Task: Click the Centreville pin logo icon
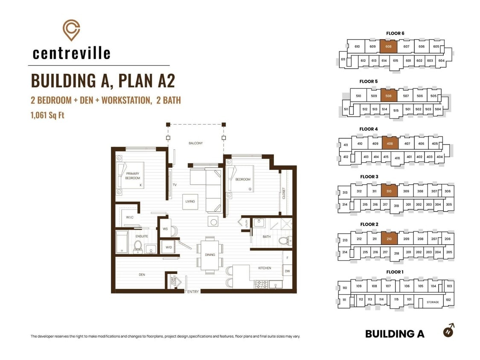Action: (x=71, y=30)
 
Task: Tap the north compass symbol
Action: (x=449, y=331)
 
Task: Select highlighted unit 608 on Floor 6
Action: (x=388, y=46)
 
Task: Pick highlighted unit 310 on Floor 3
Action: (x=389, y=192)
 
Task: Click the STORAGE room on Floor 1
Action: (x=433, y=302)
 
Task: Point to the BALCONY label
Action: (x=195, y=143)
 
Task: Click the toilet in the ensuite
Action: (x=138, y=247)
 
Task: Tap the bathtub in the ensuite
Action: (x=122, y=242)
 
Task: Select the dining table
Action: (x=210, y=255)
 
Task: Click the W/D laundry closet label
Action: (x=169, y=247)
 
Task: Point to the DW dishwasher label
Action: (x=288, y=271)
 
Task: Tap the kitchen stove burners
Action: (x=261, y=285)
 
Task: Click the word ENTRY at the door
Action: (x=193, y=292)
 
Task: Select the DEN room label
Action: (x=142, y=275)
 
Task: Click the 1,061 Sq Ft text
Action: (x=47, y=115)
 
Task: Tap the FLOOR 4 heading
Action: (x=369, y=129)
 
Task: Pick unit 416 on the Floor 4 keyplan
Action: (x=397, y=158)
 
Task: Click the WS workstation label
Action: (x=165, y=229)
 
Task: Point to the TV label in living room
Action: (x=175, y=185)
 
